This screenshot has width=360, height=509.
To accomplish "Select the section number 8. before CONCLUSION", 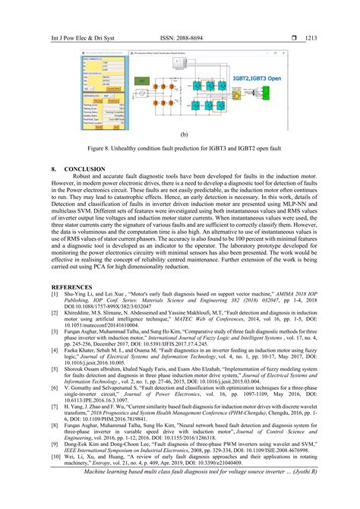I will point(54,167).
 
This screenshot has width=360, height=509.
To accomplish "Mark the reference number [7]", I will point(55,406).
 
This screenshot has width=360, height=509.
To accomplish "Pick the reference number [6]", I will point(55,387).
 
